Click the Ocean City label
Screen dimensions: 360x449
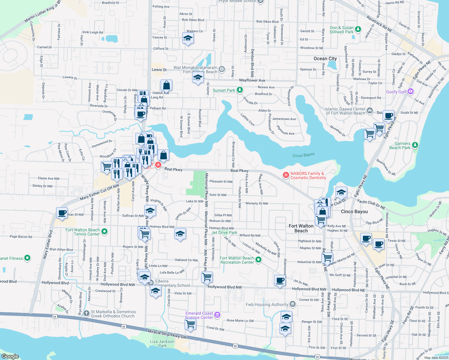click(x=325, y=58)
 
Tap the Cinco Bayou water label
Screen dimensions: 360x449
click(x=303, y=155)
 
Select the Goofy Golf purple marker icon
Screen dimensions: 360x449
click(x=411, y=91)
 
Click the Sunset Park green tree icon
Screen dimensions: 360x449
click(x=240, y=90)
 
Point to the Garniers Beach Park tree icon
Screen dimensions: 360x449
click(x=415, y=145)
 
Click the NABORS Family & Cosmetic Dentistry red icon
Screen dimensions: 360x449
click(x=286, y=175)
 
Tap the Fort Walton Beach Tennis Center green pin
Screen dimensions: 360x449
click(x=104, y=231)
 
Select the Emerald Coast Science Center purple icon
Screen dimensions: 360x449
click(x=217, y=315)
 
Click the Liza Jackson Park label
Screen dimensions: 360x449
click(x=162, y=343)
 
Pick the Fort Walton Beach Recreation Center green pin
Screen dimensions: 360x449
click(x=258, y=259)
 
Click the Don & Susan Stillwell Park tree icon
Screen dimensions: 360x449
click(x=358, y=29)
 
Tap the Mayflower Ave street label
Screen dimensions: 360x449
click(x=252, y=80)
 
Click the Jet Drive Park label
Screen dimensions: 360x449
click(x=224, y=232)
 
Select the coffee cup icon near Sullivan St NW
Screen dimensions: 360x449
click(x=62, y=213)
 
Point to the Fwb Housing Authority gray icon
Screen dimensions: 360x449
click(x=292, y=304)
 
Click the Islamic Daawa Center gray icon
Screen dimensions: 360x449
click(x=370, y=110)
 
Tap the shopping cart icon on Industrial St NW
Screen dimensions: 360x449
click(x=327, y=258)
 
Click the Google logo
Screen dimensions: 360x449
click(x=10, y=356)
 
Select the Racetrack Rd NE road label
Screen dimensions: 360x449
click(x=379, y=24)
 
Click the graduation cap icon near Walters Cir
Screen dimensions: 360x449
click(x=188, y=38)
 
